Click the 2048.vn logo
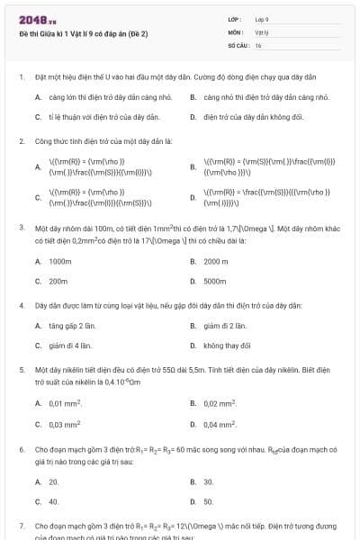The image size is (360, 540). [31, 20]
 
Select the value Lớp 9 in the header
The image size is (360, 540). [262, 19]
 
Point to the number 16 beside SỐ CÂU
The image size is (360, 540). [258, 44]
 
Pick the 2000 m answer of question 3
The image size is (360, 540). [216, 261]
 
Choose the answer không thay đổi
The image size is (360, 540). [227, 345]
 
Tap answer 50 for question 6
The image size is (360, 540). [208, 501]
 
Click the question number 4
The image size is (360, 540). [21, 306]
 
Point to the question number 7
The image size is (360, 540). [21, 525]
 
